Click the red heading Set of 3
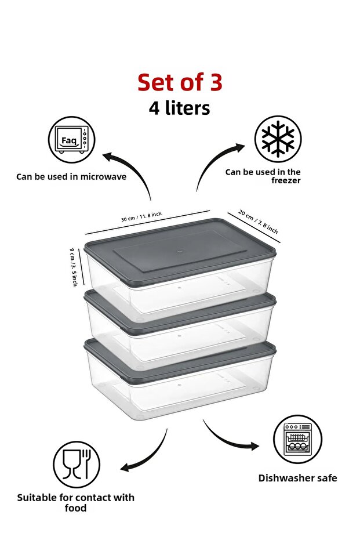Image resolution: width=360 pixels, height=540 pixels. click(180, 82)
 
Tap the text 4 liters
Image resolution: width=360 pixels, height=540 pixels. click(179, 108)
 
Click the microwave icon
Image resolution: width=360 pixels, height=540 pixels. click(71, 140)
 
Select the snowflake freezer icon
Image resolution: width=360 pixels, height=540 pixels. click(278, 139)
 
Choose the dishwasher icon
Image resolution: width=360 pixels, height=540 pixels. click(297, 440)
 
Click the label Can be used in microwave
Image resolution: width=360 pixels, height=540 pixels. click(71, 177)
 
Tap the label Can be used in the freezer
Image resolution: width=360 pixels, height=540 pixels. click(263, 176)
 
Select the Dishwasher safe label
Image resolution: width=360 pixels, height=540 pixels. click(298, 478)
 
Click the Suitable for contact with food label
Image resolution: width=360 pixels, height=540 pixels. click(76, 502)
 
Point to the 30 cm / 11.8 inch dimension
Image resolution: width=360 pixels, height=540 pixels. click(141, 216)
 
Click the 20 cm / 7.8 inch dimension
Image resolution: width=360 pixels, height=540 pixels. click(258, 222)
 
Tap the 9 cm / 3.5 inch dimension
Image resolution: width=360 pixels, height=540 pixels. click(74, 267)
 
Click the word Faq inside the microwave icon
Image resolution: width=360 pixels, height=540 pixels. click(69, 140)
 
